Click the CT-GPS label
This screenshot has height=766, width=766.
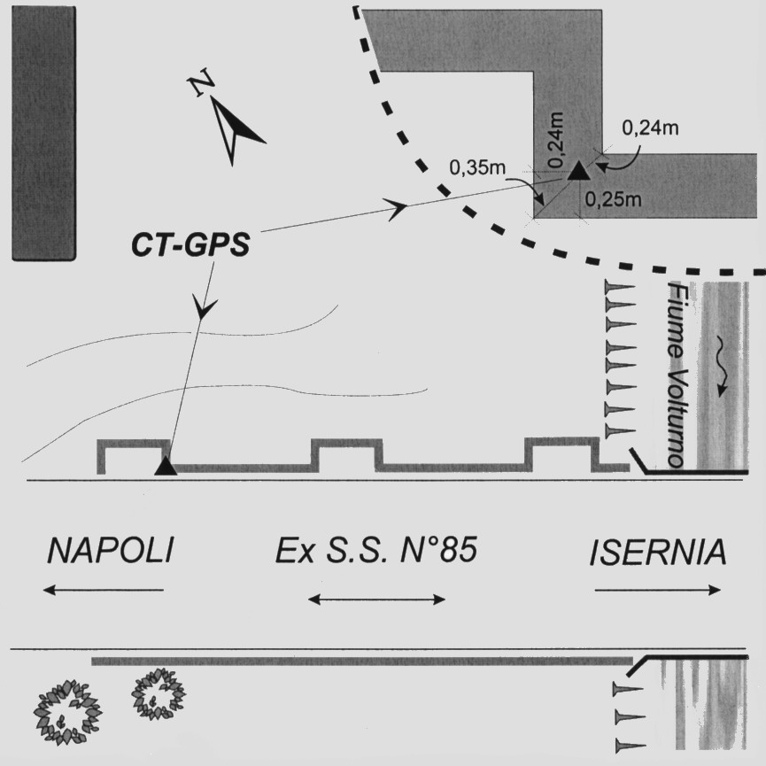190,243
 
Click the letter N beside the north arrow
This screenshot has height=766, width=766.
201,85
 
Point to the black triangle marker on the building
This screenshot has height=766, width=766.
577,171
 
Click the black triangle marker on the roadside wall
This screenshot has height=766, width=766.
166,467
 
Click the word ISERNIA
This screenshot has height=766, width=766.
658,553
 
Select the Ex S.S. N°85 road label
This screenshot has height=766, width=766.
375,552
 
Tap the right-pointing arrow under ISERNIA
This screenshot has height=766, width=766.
658,590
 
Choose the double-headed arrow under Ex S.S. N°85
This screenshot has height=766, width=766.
376,600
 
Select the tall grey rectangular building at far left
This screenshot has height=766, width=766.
43,133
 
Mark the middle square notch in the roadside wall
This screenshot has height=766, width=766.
347,453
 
